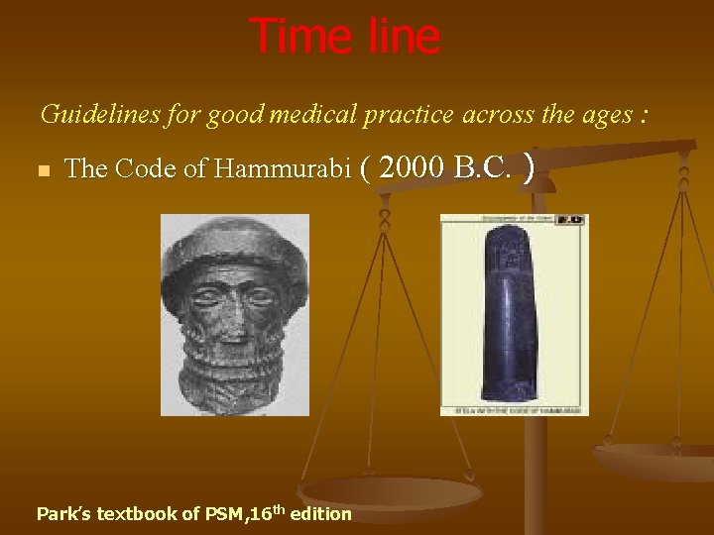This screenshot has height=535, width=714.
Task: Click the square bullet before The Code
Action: (43, 171)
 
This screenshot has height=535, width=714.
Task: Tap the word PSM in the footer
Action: (224, 514)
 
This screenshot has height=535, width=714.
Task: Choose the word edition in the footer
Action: (321, 514)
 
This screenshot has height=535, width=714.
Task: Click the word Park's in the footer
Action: (60, 514)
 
